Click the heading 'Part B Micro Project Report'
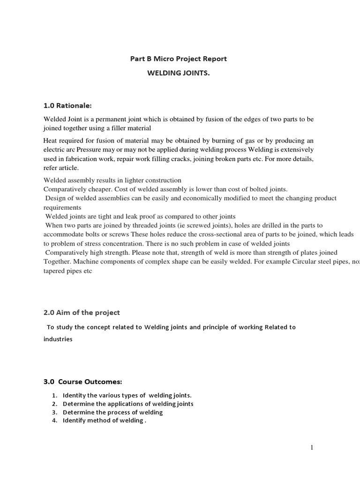(x=178, y=59)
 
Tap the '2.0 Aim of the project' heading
(x=82, y=313)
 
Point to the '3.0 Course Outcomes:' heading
(x=83, y=382)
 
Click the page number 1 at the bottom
(x=312, y=448)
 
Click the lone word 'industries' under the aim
(x=58, y=339)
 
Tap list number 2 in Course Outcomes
(x=54, y=404)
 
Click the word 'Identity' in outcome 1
(x=75, y=395)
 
